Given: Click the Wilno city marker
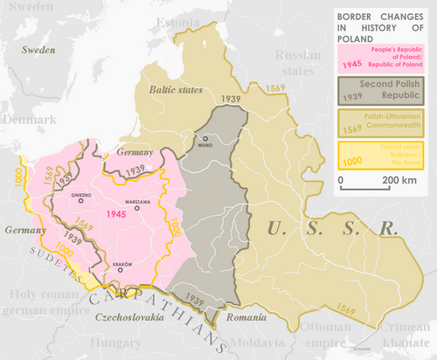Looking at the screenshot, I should click(x=206, y=138).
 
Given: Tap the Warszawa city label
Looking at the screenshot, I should click(x=139, y=201).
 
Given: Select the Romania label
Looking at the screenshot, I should click(x=245, y=318).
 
